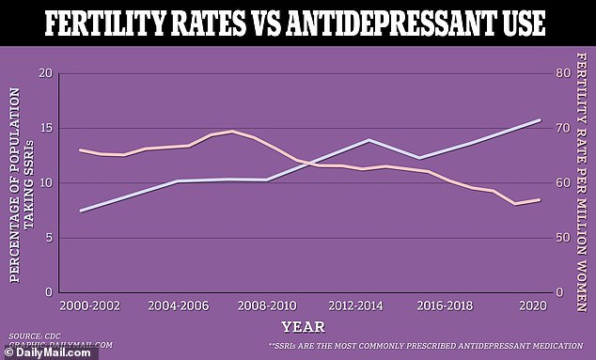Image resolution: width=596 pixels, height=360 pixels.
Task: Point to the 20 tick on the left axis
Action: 41,73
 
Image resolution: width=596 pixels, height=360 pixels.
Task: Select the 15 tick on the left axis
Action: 41,128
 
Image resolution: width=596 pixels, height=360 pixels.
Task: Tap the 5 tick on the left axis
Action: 44,238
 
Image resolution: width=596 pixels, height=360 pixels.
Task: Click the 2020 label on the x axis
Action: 534,306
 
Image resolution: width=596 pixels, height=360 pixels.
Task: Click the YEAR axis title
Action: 303,327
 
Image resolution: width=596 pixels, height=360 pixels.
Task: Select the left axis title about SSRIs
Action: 21,183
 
